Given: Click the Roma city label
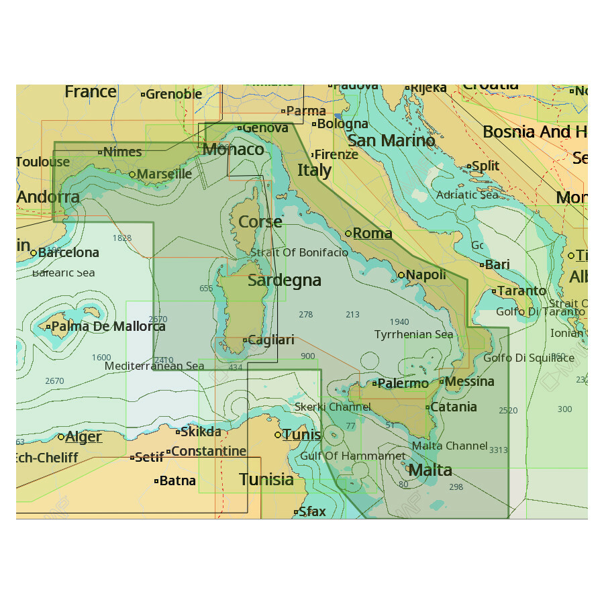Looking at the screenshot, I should (372, 234).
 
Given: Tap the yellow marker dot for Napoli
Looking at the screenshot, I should (401, 275).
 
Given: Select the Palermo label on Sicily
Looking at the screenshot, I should (403, 384).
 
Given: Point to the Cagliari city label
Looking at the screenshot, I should (271, 340).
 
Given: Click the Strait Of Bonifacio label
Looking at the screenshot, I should (299, 253).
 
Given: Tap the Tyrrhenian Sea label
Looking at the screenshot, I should (413, 334).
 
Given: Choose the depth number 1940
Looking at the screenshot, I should (399, 322).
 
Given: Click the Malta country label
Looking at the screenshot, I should (430, 470).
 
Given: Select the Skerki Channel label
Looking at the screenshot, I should (333, 407).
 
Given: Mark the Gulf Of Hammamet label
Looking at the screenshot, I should (352, 456).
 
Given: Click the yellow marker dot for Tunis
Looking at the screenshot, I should (278, 435).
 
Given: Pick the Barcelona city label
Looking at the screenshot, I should (68, 253).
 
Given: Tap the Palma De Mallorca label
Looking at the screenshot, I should (108, 327).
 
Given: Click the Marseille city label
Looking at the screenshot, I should (165, 174).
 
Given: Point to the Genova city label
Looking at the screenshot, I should (265, 128).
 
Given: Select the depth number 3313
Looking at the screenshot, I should (499, 450).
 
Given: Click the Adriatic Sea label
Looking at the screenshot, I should (467, 195).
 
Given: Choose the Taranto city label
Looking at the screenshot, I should (523, 291).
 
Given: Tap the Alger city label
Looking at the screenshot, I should (84, 437).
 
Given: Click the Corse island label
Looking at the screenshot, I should (260, 222).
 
